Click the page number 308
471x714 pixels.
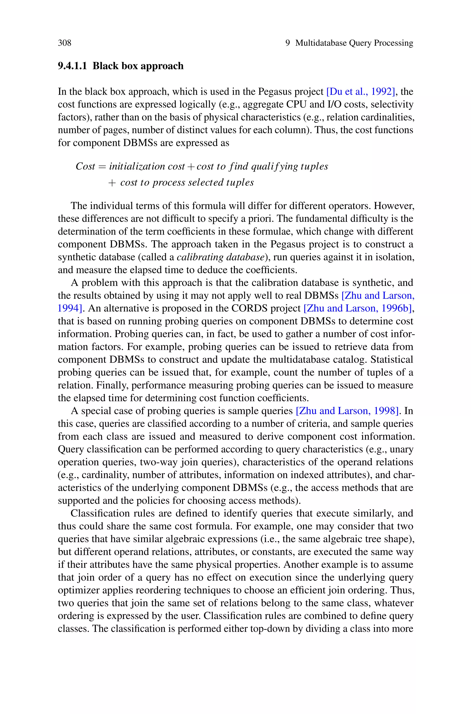[x=65, y=43]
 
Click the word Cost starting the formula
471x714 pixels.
[x=85, y=166]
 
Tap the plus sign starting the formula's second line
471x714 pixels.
[x=112, y=183]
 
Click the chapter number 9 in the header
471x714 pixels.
[x=287, y=43]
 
